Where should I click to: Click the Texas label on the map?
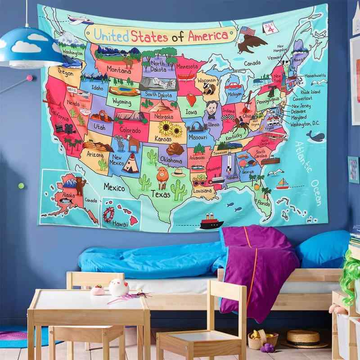pos(160,194)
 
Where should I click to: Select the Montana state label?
pos(119,71)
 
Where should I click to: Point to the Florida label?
pos(264,203)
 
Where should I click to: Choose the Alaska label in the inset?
pos(69,194)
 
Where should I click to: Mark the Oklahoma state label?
pos(171,160)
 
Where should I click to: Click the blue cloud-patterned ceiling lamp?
pos(31,45)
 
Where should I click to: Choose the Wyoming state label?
pos(121,102)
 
